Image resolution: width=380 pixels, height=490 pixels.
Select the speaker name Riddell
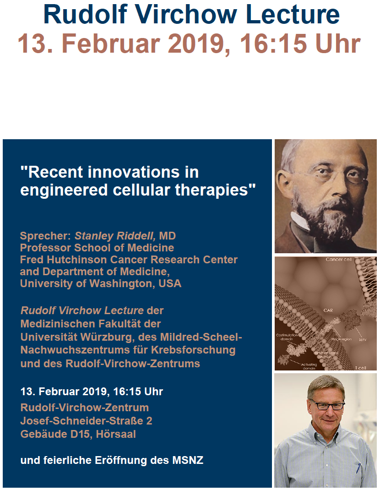click(135, 236)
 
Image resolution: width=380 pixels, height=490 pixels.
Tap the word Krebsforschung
click(193, 350)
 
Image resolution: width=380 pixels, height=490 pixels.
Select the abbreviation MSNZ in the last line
click(188, 460)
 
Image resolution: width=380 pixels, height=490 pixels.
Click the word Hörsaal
click(116, 434)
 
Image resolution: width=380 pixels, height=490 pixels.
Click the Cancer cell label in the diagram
click(338, 259)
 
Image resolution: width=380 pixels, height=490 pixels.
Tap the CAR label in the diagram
click(328, 310)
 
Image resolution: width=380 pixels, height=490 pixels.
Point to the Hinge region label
click(341, 339)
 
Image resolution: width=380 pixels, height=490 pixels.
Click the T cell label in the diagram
click(360, 368)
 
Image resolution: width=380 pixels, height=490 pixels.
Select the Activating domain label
click(309, 366)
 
